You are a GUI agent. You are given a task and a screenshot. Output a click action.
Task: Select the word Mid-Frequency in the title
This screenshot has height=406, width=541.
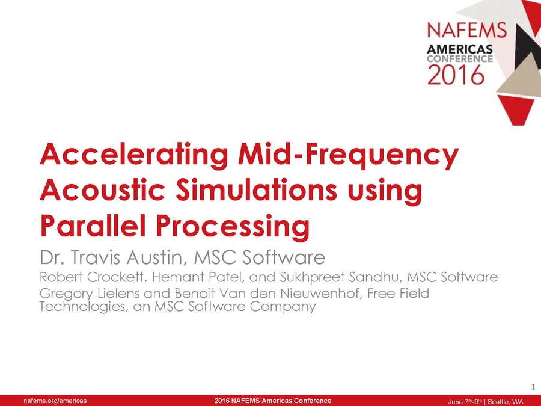pos(347,155)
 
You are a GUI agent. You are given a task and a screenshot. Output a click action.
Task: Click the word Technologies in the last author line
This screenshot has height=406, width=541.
pos(76,307)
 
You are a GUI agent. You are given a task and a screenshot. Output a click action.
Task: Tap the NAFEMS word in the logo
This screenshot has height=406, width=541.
pos(459,29)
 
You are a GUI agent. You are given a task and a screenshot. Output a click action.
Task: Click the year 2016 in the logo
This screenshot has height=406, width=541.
pos(456,75)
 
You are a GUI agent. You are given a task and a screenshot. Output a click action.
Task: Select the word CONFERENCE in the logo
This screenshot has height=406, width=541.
pos(459,59)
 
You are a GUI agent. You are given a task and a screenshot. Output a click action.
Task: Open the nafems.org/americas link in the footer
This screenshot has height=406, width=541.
pos(55,401)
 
